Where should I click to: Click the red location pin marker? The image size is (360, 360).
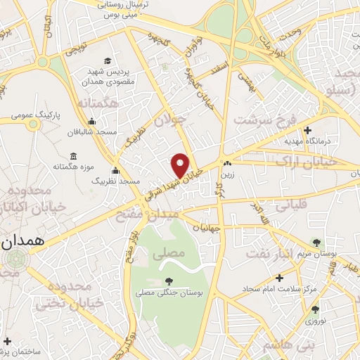[x=181, y=165]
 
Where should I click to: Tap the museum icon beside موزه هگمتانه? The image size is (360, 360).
[x=73, y=156]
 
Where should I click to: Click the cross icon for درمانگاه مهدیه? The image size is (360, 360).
[x=307, y=130]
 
